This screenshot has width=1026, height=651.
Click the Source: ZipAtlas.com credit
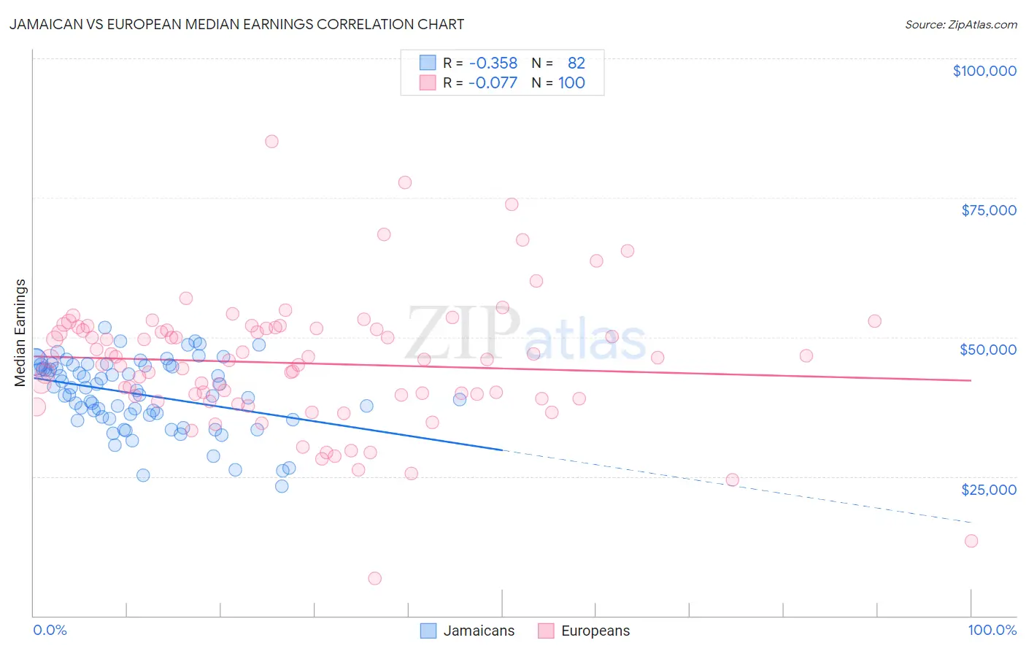[960, 24]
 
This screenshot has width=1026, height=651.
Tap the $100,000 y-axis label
[984, 71]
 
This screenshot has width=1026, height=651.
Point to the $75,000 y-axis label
[989, 210]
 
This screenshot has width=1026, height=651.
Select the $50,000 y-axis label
[988, 350]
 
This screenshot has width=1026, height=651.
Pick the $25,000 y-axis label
[989, 489]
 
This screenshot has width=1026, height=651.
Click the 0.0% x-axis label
[50, 630]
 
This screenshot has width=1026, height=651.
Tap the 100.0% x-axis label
[992, 630]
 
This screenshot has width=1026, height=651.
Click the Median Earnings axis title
[20, 332]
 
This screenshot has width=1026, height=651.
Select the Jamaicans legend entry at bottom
[478, 631]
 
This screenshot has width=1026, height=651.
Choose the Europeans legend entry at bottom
[595, 631]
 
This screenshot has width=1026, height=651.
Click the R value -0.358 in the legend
[493, 63]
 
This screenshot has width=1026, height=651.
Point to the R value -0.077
[493, 82]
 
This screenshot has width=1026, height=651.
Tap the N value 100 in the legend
[571, 82]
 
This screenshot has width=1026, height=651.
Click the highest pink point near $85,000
[271, 142]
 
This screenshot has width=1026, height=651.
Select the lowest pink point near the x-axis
[375, 578]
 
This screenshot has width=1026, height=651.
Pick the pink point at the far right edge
[971, 541]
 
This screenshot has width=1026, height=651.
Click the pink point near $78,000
[405, 182]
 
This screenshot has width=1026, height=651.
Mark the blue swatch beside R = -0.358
[428, 63]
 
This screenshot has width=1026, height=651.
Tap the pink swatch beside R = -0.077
[428, 82]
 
